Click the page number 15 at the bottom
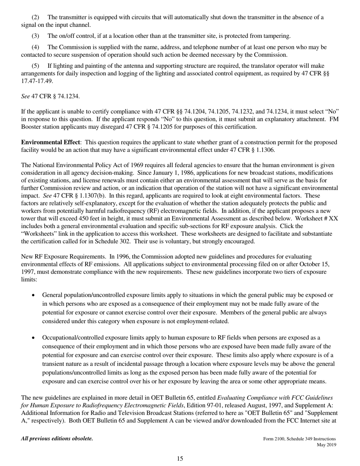180,459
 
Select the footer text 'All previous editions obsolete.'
57,439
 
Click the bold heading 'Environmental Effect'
50,142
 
